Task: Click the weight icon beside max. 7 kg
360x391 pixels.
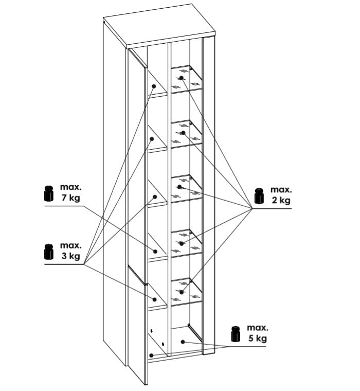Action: pos(49,193)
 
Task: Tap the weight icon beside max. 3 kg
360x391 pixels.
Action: pos(49,252)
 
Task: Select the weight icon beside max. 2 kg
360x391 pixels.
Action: pos(259,195)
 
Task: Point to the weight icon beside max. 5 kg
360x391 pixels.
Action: pos(236,334)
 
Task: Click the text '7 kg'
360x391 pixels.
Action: pos(71,198)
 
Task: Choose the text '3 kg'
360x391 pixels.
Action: pos(71,256)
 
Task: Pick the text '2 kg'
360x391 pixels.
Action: pos(281,200)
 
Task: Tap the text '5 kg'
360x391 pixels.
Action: pos(258,339)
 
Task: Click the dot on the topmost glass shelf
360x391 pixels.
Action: pos(182,78)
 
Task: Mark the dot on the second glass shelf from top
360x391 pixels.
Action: pos(184,133)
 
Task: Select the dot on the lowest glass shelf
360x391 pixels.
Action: pos(182,292)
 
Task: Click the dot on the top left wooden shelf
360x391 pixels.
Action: pos(154,86)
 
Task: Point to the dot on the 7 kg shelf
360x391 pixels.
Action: pos(155,252)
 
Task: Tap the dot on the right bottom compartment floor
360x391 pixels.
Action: pos(183,342)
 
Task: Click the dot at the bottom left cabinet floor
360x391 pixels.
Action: pos(151,356)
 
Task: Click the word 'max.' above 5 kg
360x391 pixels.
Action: pos(258,328)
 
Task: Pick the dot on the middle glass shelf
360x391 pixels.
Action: pos(180,187)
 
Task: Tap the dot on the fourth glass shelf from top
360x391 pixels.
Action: pos(182,243)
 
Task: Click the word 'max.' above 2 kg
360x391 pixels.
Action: pos(281,190)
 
